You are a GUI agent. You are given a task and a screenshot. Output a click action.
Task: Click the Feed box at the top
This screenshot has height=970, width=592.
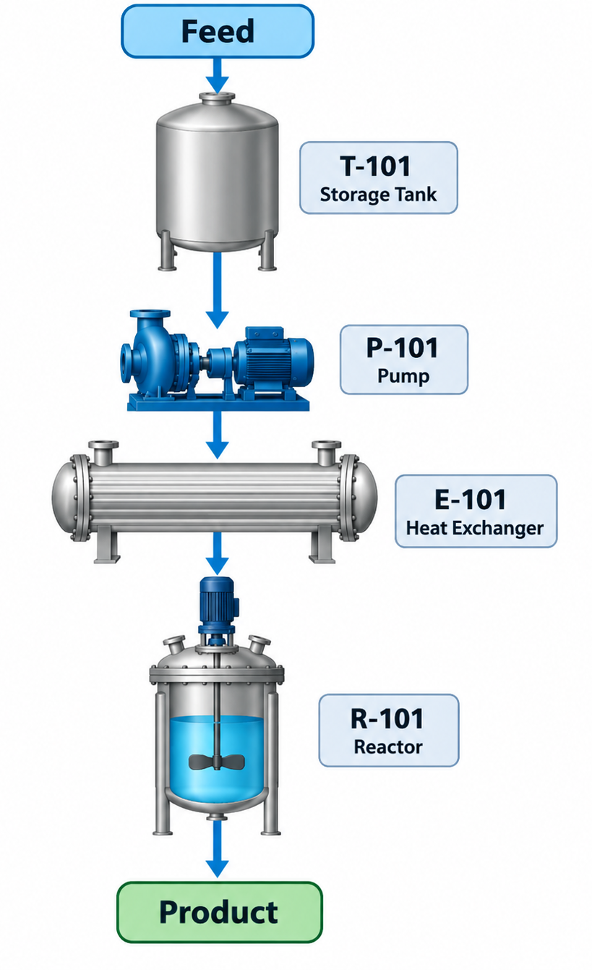click(x=218, y=31)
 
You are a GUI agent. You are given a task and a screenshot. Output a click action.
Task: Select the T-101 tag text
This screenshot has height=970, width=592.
click(x=375, y=166)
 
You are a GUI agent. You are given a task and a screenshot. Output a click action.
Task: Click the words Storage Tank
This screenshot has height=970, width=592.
click(x=378, y=195)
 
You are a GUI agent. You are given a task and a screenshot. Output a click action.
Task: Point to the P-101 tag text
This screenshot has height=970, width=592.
click(x=402, y=348)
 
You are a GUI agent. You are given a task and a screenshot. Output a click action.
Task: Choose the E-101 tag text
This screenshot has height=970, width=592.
click(x=471, y=499)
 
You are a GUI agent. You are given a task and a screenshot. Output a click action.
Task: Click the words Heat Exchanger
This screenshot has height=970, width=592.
click(x=475, y=528)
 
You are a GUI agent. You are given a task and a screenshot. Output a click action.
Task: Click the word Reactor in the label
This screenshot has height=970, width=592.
click(x=388, y=747)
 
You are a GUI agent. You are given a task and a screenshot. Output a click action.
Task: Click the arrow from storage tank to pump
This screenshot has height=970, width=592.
click(x=218, y=290)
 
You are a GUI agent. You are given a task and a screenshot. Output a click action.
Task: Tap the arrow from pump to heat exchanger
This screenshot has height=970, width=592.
click(x=218, y=434)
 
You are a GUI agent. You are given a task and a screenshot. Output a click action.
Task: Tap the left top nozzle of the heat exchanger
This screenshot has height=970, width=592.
click(x=103, y=451)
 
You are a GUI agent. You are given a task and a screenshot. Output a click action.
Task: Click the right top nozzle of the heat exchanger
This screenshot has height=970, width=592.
click(x=327, y=451)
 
